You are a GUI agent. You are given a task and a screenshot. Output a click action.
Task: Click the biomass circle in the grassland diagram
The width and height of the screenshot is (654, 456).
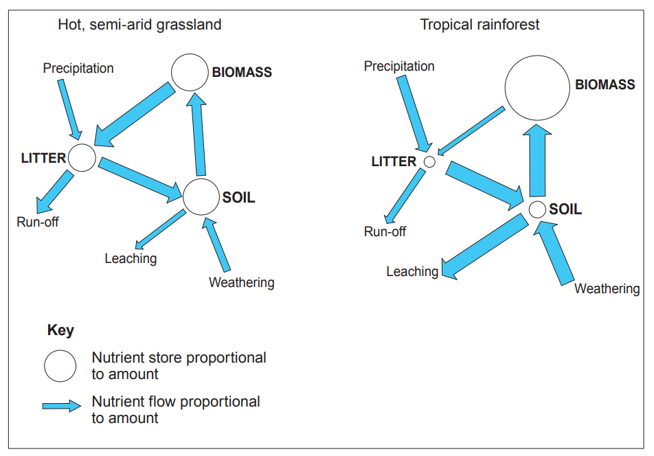[190, 73]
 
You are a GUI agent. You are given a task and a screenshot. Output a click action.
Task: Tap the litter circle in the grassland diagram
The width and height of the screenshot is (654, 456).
[82, 158]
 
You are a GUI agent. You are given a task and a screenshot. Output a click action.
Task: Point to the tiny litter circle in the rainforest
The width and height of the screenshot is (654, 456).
[429, 162]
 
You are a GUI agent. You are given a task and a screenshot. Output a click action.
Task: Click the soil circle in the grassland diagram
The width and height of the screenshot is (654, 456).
[201, 197]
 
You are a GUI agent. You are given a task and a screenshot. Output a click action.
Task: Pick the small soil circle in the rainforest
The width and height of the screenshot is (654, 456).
[537, 209]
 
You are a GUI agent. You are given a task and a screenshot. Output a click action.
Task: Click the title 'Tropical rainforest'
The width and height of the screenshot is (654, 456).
[480, 25]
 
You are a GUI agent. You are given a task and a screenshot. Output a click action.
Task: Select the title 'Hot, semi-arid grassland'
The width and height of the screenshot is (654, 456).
[139, 25]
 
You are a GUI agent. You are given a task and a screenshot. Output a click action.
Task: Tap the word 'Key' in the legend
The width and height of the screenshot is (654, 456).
[60, 330]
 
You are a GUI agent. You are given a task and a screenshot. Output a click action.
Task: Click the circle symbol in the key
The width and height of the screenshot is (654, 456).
[60, 365]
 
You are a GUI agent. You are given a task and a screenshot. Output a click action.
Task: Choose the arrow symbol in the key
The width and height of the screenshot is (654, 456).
[62, 406]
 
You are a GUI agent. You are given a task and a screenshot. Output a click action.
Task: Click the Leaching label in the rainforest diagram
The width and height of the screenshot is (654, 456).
[412, 272]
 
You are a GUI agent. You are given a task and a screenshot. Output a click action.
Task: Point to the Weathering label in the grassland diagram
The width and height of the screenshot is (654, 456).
[241, 283]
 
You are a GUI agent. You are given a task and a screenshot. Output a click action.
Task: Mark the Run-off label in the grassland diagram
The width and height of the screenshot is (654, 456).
[38, 222]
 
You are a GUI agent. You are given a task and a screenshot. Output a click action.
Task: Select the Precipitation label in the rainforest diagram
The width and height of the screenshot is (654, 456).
[399, 67]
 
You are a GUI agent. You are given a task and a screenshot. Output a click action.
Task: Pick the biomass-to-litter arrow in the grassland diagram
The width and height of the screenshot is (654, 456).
[134, 115]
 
